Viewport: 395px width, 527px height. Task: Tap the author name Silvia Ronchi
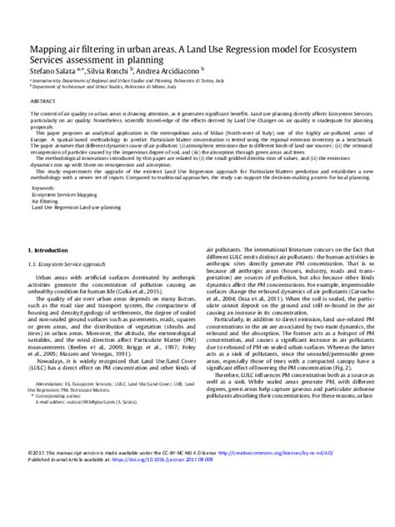click(108, 73)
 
